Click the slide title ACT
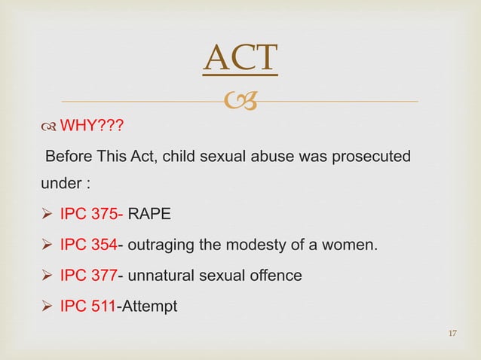coord(240,60)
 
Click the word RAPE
coord(149,216)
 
